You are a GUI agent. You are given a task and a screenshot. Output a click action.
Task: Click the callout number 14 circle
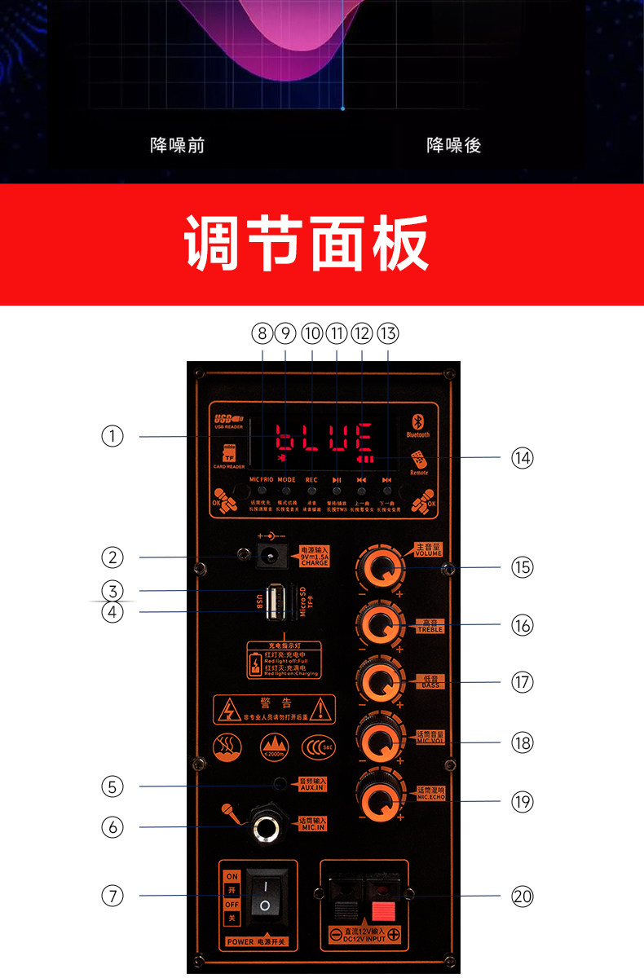pos(522,458)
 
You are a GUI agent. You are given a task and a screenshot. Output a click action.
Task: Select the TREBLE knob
pos(379,625)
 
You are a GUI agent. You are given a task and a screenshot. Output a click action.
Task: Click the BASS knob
pos(379,681)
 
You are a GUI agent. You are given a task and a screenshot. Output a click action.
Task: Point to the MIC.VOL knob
pos(379,741)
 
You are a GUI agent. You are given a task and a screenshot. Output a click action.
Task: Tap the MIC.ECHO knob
pos(379,798)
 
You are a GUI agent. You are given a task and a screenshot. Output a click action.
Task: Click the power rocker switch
pos(264,896)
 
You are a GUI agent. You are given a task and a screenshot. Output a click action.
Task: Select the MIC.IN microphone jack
pos(266,826)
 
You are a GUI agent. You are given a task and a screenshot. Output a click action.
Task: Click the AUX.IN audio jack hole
pos(281,785)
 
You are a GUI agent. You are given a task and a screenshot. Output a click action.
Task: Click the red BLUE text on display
pos(324,439)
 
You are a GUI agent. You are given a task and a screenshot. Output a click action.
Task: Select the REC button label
pos(311,480)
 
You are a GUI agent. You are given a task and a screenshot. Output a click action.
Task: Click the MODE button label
pos(286,480)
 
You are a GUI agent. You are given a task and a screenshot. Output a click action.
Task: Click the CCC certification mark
pos(318,745)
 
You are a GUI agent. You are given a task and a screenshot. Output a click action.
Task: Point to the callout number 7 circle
pos(112,896)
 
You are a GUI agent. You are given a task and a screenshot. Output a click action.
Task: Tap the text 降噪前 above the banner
pos(177,145)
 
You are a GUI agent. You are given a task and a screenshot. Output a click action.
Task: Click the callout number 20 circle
pos(522,896)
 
